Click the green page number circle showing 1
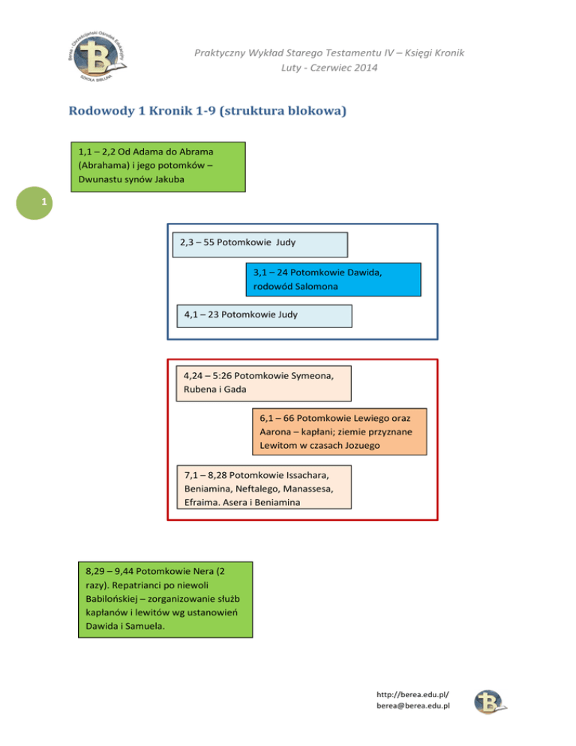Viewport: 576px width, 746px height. tap(45, 203)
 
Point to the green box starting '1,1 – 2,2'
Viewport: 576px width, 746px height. tap(157, 167)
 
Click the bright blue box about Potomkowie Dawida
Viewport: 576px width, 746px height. tap(333, 280)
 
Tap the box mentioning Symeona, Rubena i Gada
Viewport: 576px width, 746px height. tap(264, 383)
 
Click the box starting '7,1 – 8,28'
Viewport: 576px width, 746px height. tap(263, 489)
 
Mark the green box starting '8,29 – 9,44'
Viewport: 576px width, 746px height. tap(165, 599)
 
